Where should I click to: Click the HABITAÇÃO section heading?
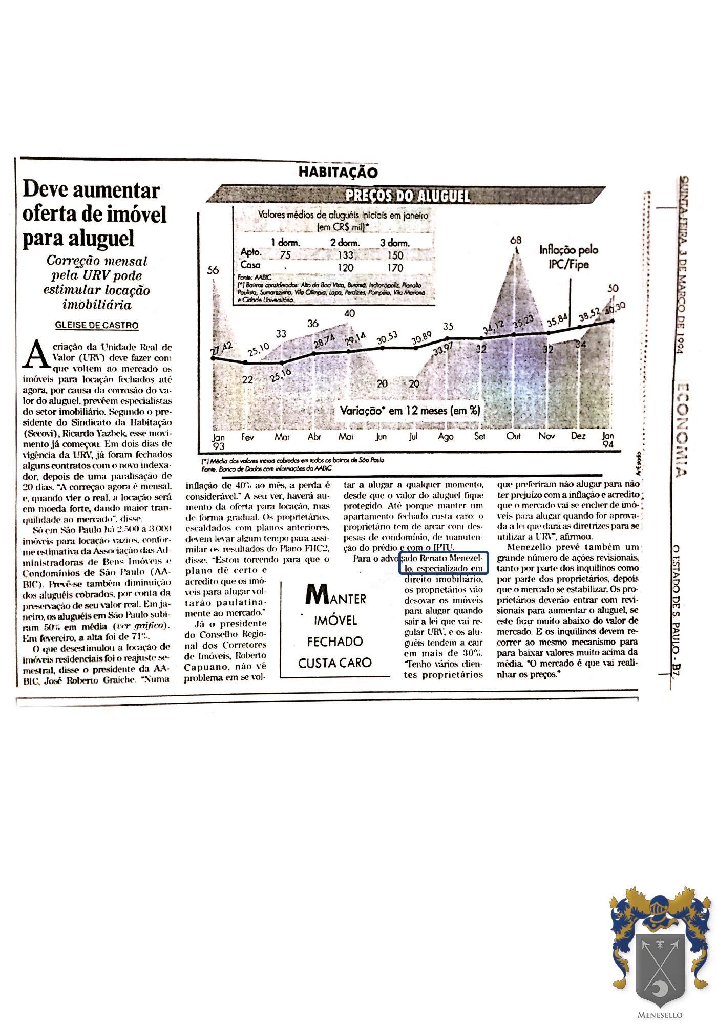(x=338, y=172)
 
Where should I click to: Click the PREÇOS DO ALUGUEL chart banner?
(x=407, y=196)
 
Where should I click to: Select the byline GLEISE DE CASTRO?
(x=97, y=325)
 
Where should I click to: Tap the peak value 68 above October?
(x=516, y=240)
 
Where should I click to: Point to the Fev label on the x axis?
(x=248, y=437)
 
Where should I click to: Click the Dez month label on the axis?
(x=579, y=436)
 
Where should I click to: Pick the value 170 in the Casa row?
(x=395, y=267)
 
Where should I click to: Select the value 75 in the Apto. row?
(x=285, y=254)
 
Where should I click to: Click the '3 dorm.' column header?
(x=394, y=243)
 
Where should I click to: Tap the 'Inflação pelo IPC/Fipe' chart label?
(x=568, y=257)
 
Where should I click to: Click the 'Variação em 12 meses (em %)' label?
(x=410, y=410)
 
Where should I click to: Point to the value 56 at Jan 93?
(x=213, y=270)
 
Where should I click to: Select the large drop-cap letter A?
(x=36, y=354)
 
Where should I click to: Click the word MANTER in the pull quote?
(x=336, y=595)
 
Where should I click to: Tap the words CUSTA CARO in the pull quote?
(x=335, y=663)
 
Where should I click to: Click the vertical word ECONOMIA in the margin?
(x=682, y=430)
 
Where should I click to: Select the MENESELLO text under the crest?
(x=660, y=1015)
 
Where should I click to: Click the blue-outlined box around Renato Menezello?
(x=444, y=563)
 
